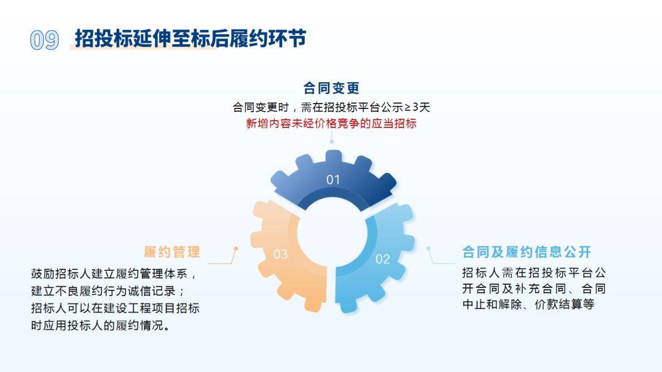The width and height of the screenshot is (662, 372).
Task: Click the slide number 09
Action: pyautogui.click(x=44, y=40)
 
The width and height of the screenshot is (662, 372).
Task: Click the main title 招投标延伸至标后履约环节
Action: pyautogui.click(x=191, y=39)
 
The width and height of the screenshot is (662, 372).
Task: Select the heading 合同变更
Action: pyautogui.click(x=332, y=88)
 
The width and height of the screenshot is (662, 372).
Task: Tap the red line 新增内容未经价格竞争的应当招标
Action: pyautogui.click(x=332, y=123)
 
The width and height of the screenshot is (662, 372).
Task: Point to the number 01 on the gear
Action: pyautogui.click(x=333, y=180)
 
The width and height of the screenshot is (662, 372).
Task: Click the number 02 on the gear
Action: pyautogui.click(x=383, y=259)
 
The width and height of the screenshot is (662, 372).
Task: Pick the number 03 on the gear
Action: pyautogui.click(x=280, y=254)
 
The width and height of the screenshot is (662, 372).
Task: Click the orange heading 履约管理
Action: pyautogui.click(x=172, y=252)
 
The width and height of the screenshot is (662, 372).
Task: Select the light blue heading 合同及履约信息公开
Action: pyautogui.click(x=527, y=252)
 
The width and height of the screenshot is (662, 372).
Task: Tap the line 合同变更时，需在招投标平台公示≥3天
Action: pyautogui.click(x=332, y=107)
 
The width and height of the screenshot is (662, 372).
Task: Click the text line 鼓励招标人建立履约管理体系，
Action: pyautogui.click(x=114, y=273)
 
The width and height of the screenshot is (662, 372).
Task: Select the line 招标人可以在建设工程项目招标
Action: pyautogui.click(x=115, y=308)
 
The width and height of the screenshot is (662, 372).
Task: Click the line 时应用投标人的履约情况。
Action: pyautogui.click(x=101, y=325)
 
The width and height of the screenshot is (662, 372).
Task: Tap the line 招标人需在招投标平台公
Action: pyautogui.click(x=534, y=273)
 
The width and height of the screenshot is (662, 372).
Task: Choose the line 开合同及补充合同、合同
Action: pyautogui.click(x=534, y=289)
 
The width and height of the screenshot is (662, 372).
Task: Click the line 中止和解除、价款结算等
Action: pyautogui.click(x=528, y=305)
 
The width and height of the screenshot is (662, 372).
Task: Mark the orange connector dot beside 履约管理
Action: pyautogui.click(x=236, y=249)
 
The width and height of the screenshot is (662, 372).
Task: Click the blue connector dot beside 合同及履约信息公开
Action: pyautogui.click(x=428, y=249)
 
